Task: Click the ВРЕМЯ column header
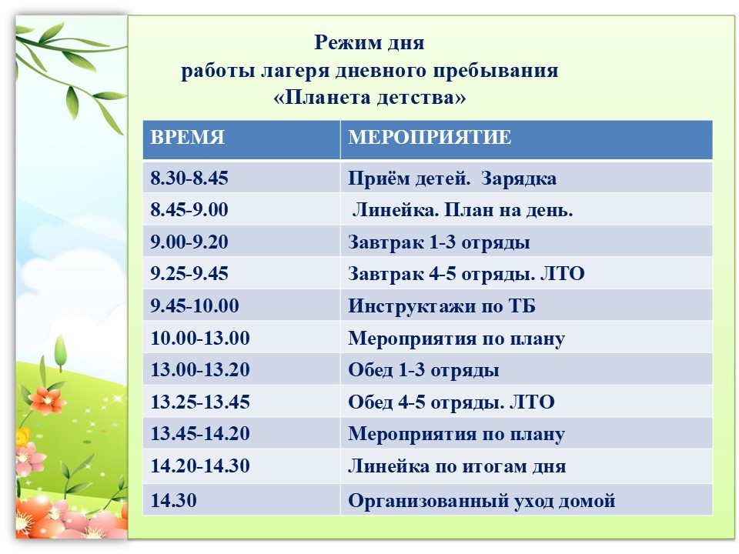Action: point(187,137)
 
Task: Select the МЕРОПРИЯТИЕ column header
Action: point(430,137)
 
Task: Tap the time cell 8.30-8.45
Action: point(189,178)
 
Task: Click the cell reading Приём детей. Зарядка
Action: point(452,179)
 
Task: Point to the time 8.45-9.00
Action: point(189,209)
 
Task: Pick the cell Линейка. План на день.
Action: point(463,210)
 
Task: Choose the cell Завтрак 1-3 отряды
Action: point(439,242)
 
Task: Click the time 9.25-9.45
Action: point(189,274)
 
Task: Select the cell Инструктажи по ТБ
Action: point(442,306)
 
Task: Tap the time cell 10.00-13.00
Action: point(200,339)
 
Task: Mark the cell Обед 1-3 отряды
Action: point(423,370)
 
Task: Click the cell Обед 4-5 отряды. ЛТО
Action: point(451,402)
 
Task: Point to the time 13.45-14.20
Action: point(200,434)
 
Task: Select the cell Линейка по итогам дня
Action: point(456,466)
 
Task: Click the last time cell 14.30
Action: point(173,500)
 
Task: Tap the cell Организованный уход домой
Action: point(482,501)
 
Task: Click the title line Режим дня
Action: point(369,43)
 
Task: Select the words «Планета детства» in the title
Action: point(369,98)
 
